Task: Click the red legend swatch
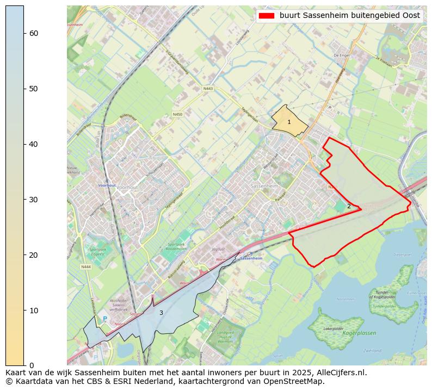click(x=267, y=16)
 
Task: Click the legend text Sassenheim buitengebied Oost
click(x=349, y=16)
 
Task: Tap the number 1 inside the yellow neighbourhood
click(x=289, y=122)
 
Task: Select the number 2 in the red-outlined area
click(x=349, y=206)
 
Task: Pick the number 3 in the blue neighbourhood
click(x=161, y=313)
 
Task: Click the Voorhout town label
click(x=127, y=187)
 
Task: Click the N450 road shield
click(x=177, y=114)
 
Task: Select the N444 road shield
click(x=85, y=267)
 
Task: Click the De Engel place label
click(x=341, y=55)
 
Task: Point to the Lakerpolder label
click(x=334, y=329)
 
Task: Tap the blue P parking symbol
click(x=105, y=319)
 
